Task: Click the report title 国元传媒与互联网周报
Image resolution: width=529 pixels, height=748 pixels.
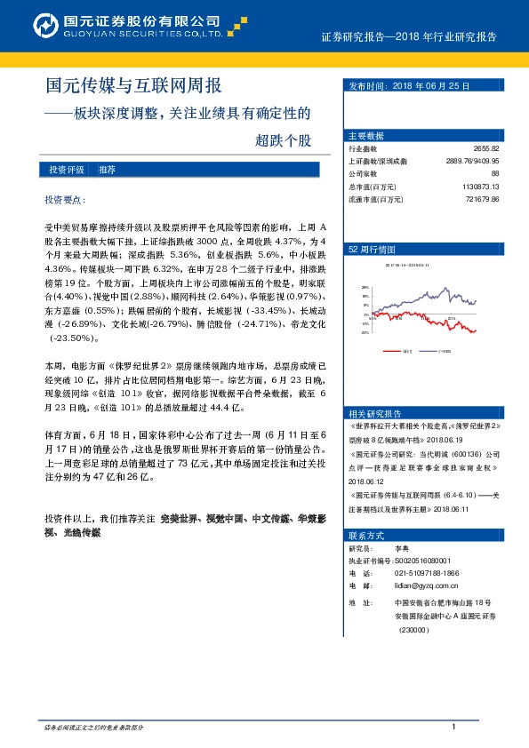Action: pyautogui.click(x=133, y=86)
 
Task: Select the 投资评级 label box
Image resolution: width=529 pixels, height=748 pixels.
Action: pyautogui.click(x=67, y=169)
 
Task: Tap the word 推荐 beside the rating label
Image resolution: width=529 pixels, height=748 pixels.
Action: pyautogui.click(x=107, y=169)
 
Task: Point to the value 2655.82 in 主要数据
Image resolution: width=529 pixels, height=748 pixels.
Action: pyautogui.click(x=486, y=149)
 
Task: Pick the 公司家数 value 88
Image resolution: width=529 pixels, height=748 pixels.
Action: pyautogui.click(x=495, y=174)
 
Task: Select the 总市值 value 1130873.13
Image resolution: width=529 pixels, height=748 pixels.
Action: pyautogui.click(x=481, y=187)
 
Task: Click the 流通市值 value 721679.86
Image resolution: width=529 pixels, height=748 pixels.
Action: pyautogui.click(x=483, y=200)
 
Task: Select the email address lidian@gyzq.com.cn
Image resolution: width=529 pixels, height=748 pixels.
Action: pyautogui.click(x=424, y=586)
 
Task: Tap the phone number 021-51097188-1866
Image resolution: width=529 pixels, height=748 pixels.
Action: pyautogui.click(x=427, y=574)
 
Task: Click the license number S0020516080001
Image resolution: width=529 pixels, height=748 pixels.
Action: pyautogui.click(x=424, y=561)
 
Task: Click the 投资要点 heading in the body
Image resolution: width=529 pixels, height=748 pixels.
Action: pyautogui.click(x=67, y=200)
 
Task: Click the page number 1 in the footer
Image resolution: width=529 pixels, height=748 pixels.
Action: pyautogui.click(x=453, y=728)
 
